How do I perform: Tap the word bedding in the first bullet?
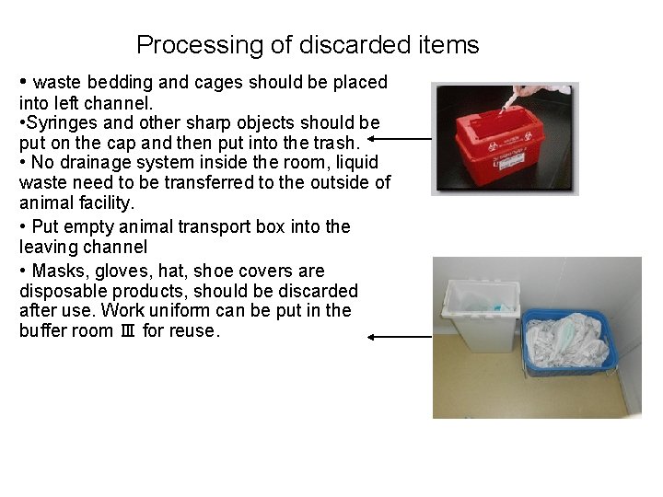click(x=119, y=82)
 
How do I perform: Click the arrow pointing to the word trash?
click(x=400, y=140)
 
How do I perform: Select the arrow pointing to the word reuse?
click(x=400, y=337)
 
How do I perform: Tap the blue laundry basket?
click(x=566, y=341)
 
